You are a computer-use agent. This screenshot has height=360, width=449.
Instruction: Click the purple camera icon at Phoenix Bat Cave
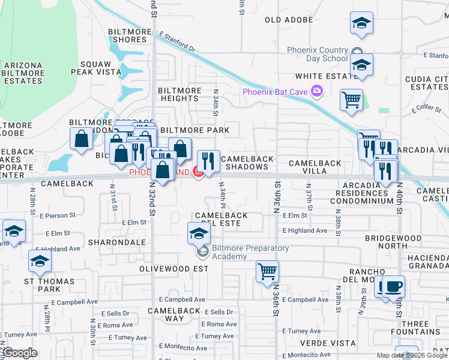coord(316,92)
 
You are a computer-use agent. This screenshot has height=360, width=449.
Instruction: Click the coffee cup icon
coord(393,286)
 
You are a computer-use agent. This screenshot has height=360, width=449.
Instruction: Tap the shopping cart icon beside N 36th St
coord(267,271)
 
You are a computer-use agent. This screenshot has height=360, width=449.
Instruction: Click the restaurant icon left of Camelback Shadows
coord(208,160)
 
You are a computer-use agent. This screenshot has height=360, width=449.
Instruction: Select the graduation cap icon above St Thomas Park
coord(40,260)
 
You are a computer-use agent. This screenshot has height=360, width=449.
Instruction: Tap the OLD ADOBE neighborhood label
coord(289,20)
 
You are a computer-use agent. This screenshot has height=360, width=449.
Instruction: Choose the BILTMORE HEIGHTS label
coord(179,94)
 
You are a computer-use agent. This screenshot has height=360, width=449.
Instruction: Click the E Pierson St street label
coord(58,214)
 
